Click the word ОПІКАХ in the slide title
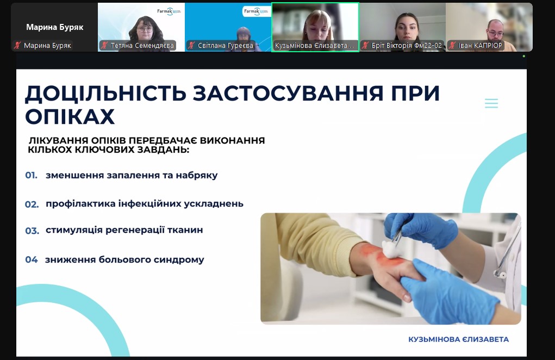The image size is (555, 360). [x=70, y=116]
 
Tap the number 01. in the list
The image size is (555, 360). [x=31, y=175]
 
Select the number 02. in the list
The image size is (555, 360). [x=32, y=204]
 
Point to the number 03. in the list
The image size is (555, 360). [x=32, y=231]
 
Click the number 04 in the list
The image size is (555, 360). [x=31, y=259]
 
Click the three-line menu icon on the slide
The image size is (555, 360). [x=491, y=103]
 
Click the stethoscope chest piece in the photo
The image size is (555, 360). [x=500, y=274]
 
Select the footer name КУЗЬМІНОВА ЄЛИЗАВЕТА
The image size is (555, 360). [x=458, y=339]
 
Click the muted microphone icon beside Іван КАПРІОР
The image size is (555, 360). [x=452, y=45]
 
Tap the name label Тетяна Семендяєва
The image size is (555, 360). [x=142, y=46]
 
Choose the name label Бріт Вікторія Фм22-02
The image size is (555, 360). [x=407, y=46]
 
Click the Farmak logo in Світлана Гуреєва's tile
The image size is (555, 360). [x=255, y=11]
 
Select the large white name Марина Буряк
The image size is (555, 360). [x=55, y=27]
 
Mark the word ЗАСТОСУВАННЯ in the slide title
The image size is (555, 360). [x=288, y=94]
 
